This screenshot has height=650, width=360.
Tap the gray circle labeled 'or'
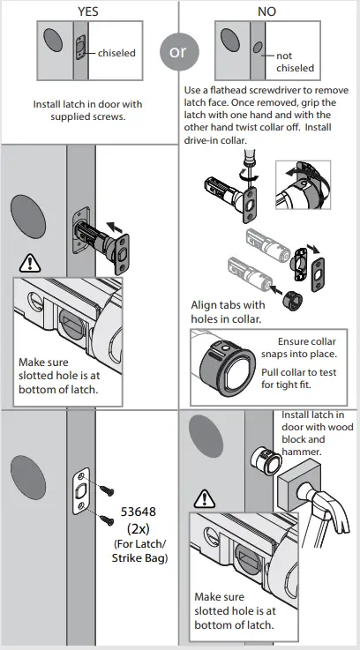pos(178,52)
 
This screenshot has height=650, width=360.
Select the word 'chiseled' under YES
pos(116,53)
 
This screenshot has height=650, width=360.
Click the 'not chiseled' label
pos(294,62)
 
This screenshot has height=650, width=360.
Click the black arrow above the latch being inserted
pos(115,226)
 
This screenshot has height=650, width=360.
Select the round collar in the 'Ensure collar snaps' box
pos(224,364)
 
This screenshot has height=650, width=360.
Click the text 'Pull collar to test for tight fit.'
pos(298,379)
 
